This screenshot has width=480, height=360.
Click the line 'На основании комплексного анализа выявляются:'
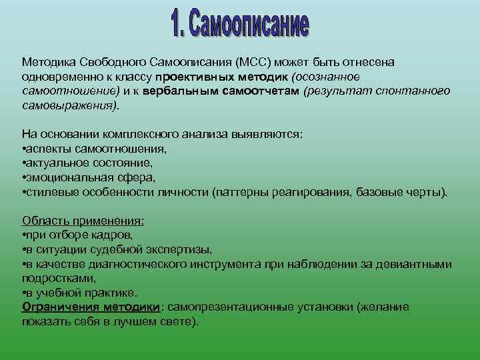tap(162, 134)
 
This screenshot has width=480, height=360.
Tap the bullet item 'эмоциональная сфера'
tap(90, 177)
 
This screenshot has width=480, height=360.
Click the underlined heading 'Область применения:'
tap(83, 221)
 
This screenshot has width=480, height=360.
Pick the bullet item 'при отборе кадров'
tap(79, 235)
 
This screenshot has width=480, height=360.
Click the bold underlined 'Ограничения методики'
tap(91, 307)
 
